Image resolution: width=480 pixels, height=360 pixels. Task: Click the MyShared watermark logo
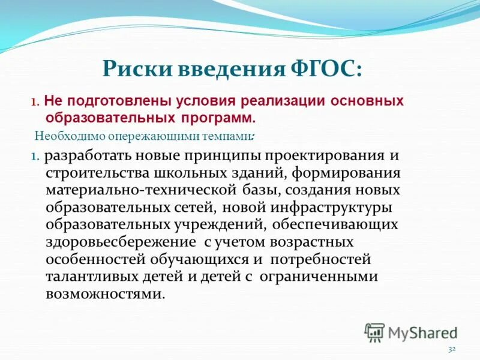412,332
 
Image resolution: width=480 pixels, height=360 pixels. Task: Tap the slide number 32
452,349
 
